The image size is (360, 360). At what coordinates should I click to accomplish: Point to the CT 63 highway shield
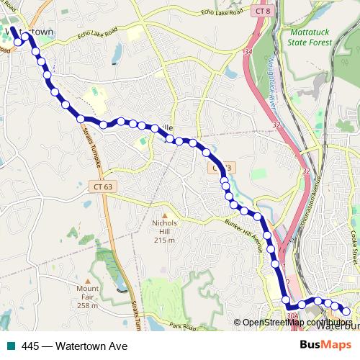(103, 186)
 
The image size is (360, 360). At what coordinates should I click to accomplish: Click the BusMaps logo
(325, 345)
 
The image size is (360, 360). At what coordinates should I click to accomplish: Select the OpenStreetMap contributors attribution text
(297, 323)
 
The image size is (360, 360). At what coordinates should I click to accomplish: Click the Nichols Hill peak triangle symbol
(164, 215)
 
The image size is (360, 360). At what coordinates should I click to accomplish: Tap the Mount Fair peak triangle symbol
(88, 281)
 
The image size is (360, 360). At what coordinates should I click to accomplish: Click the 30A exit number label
(292, 315)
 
